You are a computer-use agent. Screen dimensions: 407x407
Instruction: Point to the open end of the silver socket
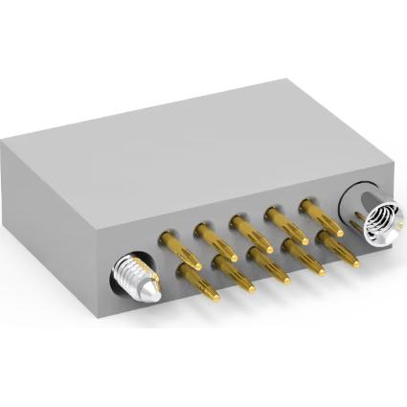(x=378, y=216)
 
